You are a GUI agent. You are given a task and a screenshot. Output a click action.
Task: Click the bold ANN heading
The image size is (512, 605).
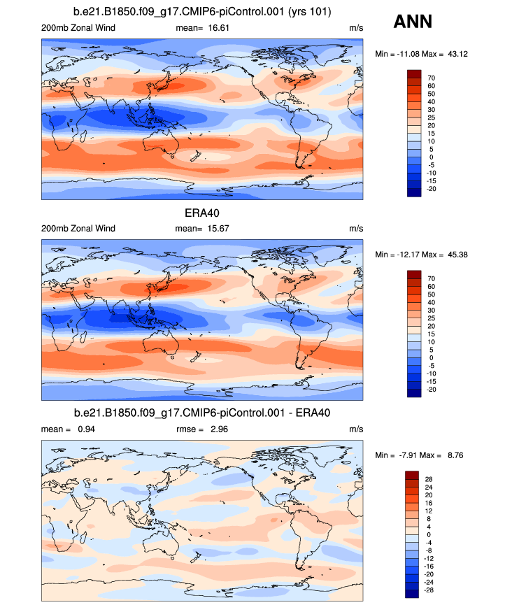click(x=413, y=22)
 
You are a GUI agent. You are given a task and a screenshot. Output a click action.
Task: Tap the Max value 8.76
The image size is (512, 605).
click(x=452, y=455)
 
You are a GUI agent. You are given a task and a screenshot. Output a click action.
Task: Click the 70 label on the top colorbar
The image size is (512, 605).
click(x=432, y=78)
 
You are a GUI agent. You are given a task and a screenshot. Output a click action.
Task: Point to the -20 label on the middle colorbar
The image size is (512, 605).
click(x=432, y=390)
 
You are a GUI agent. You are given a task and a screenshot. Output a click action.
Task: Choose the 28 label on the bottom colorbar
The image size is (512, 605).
click(x=430, y=479)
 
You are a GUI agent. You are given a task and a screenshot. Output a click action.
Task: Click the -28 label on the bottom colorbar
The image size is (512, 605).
click(x=432, y=590)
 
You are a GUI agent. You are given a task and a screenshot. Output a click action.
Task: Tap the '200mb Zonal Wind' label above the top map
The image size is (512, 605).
click(x=78, y=28)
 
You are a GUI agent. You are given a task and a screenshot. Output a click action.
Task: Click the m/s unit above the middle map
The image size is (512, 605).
click(x=356, y=229)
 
